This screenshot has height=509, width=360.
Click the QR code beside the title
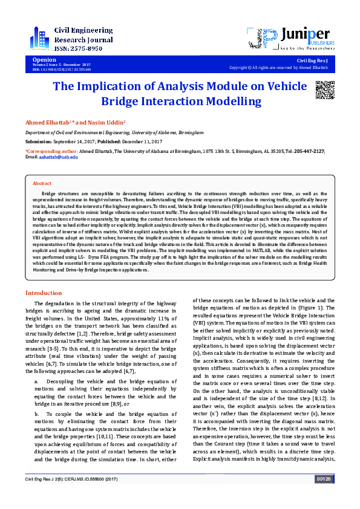325,89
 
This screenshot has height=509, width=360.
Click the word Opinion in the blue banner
44,60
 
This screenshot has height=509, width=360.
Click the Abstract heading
42,183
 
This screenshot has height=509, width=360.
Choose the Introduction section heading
43,293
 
